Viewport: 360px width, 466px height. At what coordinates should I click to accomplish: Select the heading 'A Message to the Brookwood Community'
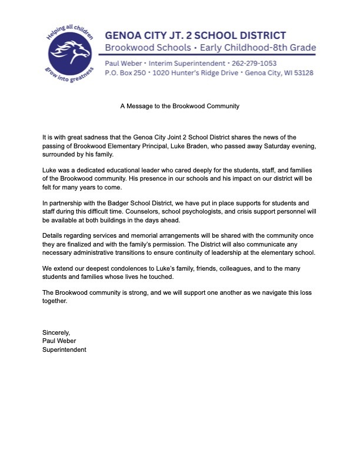click(180, 106)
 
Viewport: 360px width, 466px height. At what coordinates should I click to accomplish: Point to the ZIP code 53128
click(300, 73)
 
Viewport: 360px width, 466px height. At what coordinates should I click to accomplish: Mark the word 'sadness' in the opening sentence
click(95, 137)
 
